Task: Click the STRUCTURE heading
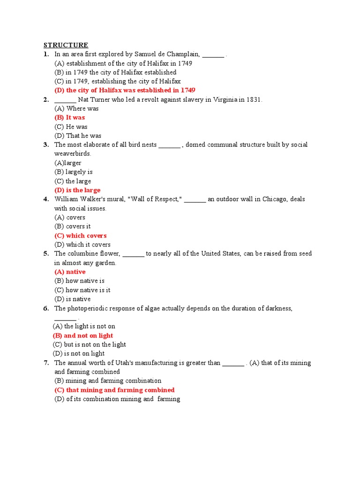66,45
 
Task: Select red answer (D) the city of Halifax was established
125,90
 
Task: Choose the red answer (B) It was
70,118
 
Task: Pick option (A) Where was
76,109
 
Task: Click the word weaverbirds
73,154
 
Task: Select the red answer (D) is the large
77,190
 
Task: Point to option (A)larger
68,163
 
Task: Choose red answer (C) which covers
81,236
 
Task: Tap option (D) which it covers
82,245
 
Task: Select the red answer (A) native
70,272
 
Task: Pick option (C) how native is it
82,290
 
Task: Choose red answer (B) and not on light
83,336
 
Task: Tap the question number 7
46,363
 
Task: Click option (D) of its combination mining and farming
117,399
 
